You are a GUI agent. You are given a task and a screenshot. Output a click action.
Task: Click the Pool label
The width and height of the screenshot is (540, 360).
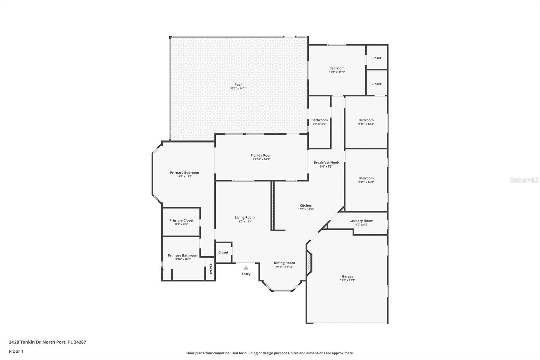238,85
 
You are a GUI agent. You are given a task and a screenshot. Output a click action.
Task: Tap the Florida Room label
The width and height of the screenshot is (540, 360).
262,155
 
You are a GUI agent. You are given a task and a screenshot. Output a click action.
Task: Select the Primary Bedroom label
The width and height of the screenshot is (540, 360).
185,173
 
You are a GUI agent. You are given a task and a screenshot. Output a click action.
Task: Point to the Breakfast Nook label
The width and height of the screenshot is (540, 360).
326,163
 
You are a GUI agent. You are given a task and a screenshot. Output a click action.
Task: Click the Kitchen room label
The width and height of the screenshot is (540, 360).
306,206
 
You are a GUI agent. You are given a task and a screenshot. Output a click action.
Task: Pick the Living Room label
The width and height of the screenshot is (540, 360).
245,217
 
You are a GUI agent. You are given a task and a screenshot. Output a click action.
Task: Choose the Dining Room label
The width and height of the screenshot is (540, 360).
284,263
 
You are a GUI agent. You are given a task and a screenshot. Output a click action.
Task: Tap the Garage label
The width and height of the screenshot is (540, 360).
348,276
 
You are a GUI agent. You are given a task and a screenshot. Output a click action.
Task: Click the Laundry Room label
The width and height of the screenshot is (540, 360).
361,221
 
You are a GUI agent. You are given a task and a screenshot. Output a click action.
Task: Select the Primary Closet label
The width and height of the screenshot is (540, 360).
182,220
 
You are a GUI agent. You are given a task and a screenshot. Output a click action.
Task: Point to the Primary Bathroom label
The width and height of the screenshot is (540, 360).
183,255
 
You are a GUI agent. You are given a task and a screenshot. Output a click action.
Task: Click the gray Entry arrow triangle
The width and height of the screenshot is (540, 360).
246,268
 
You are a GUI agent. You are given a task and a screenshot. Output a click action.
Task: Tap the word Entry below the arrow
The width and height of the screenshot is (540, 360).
246,274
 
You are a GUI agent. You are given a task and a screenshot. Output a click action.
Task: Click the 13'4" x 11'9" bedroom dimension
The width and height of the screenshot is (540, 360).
337,72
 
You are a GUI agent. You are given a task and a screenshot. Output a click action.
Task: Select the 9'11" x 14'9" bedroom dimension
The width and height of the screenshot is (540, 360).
366,182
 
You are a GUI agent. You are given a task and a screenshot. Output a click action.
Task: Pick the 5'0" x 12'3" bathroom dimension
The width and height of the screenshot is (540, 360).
319,124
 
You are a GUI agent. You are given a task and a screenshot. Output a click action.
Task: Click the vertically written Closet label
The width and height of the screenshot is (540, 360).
211,269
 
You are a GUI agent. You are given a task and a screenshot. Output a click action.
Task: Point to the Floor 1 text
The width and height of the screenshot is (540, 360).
17,351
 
